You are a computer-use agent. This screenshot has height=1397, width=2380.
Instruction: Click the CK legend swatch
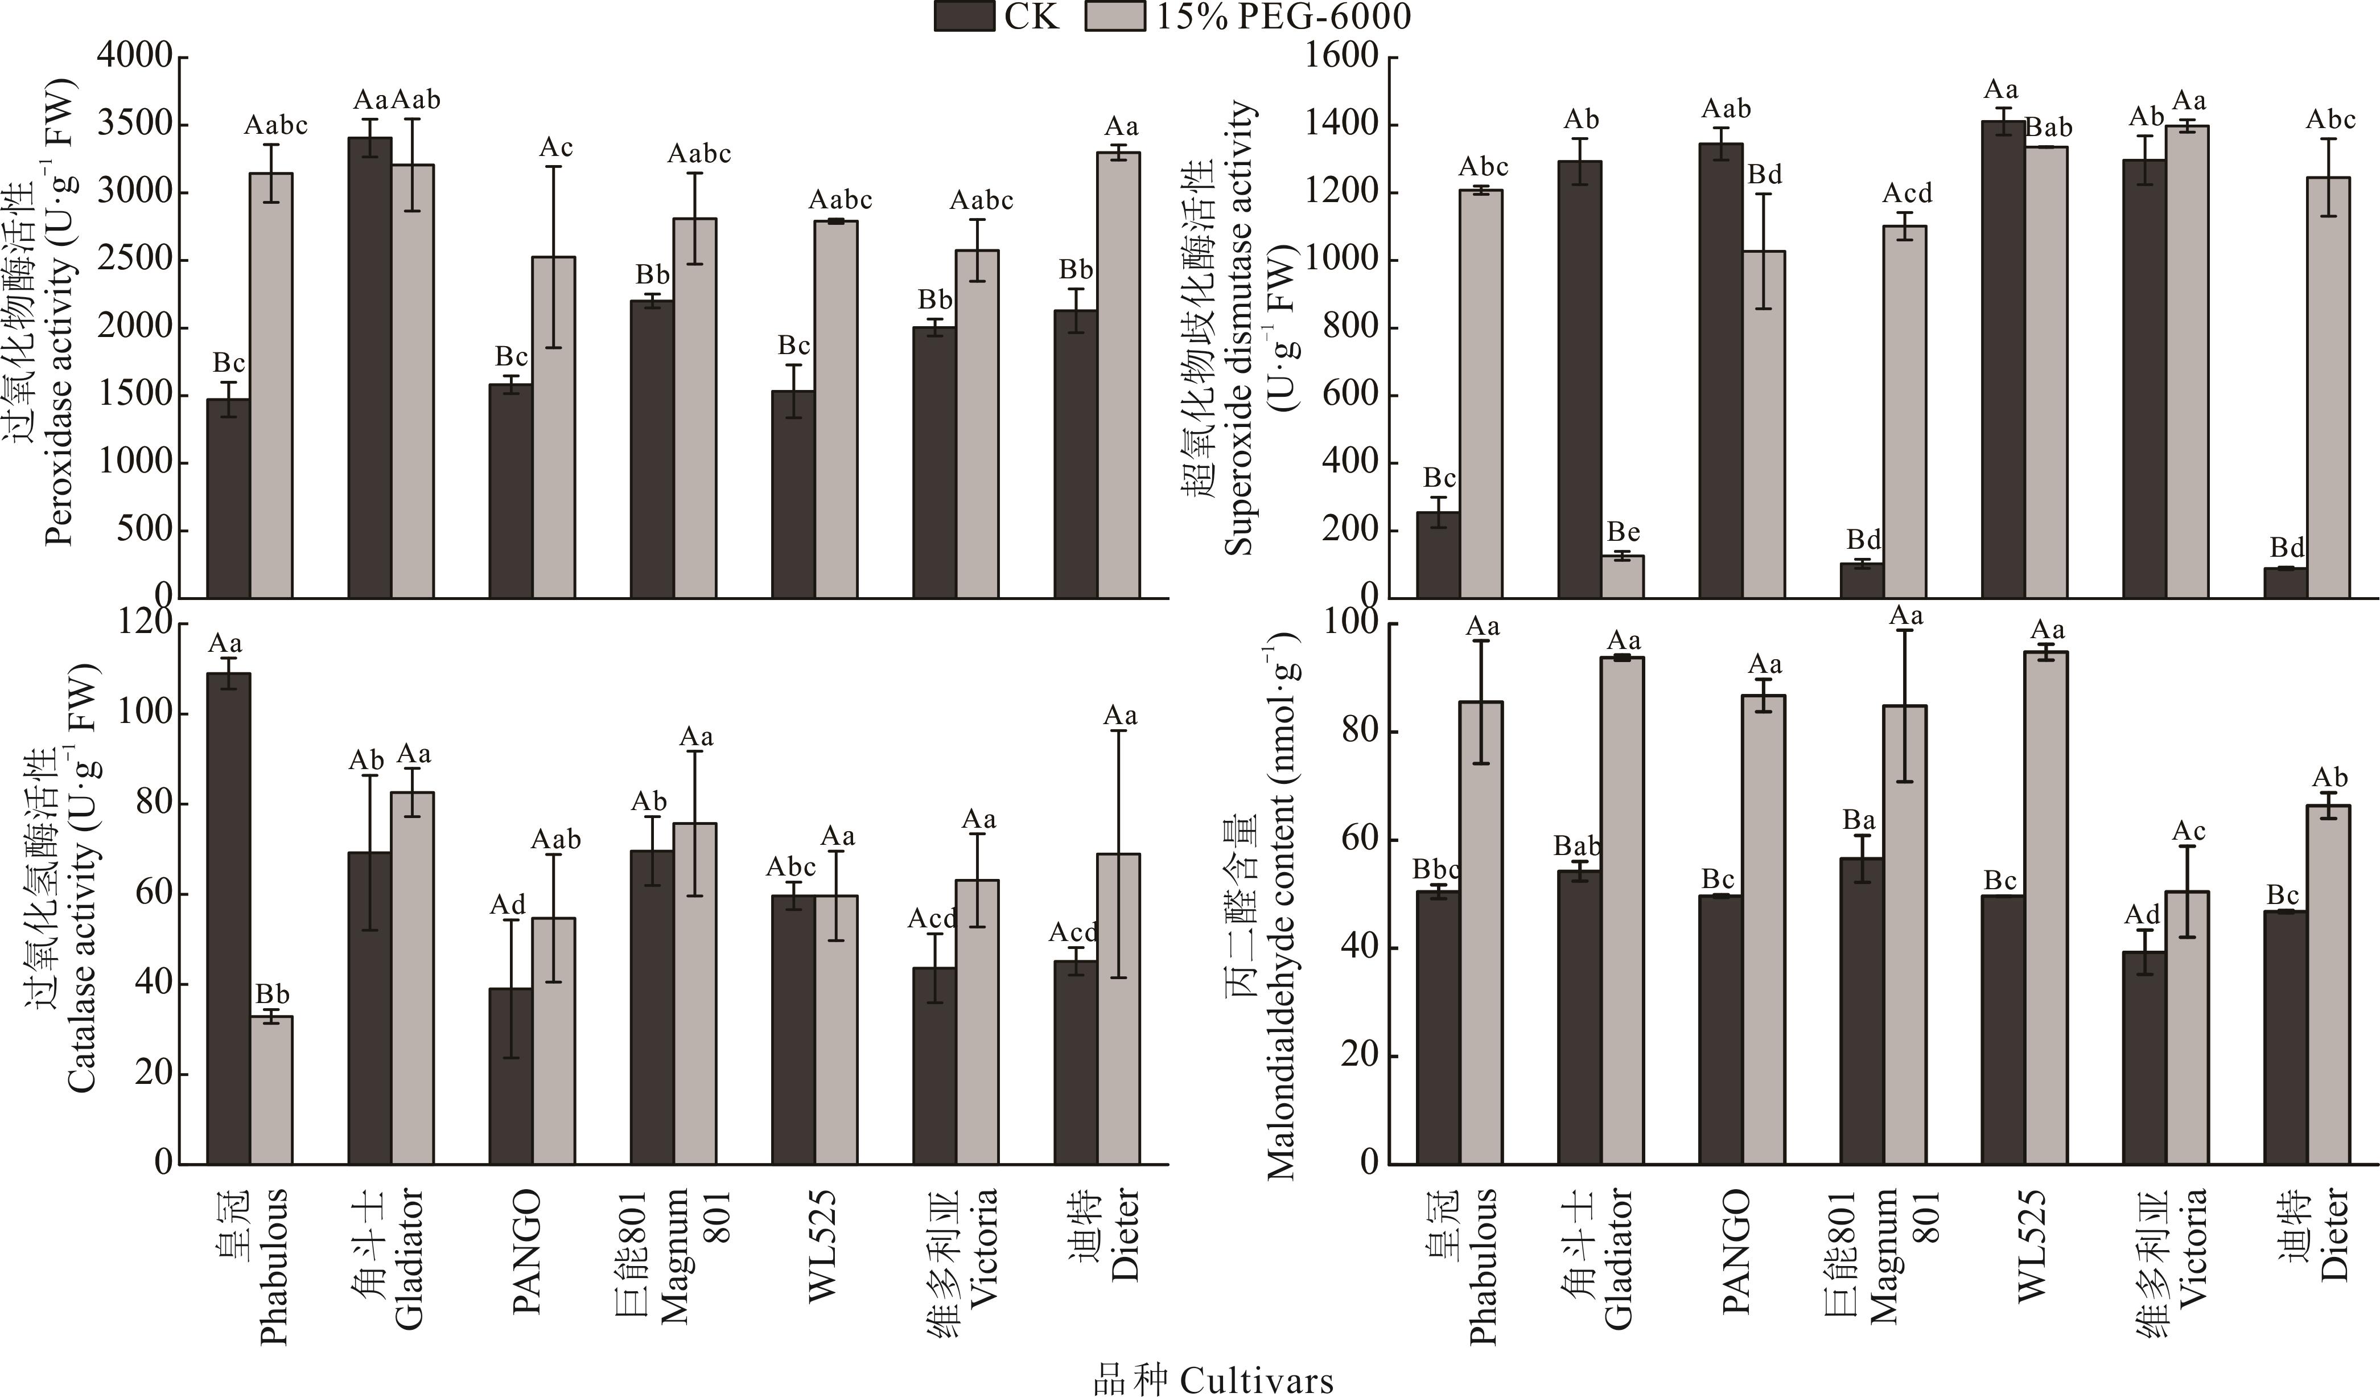coord(964,16)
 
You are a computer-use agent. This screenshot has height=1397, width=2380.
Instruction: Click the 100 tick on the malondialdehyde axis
coord(1352,624)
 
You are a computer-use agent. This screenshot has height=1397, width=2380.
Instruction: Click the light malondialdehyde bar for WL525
coord(2046,907)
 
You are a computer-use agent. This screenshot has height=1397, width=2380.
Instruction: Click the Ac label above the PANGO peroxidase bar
coord(555,148)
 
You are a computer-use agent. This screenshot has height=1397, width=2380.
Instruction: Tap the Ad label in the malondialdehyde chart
coord(2143,914)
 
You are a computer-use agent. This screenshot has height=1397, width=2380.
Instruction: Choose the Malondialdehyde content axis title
coord(1280,907)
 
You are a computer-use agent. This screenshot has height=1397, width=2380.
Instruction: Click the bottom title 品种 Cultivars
coord(1213,1379)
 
